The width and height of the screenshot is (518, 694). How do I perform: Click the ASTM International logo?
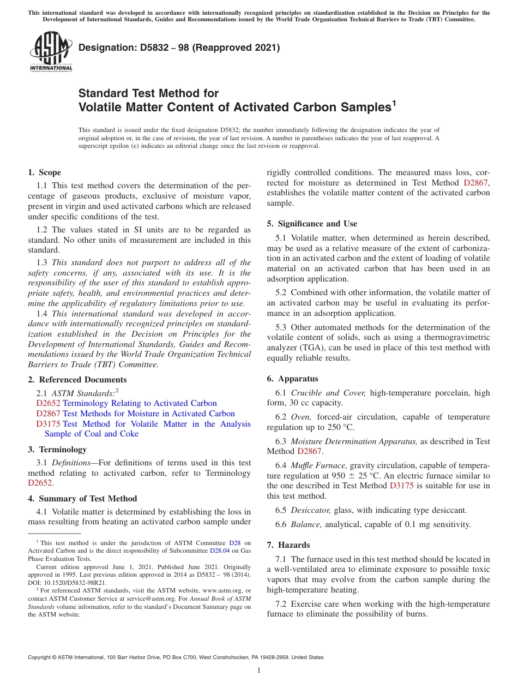(x=51, y=52)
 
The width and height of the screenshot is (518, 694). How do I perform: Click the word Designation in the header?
(x=105, y=48)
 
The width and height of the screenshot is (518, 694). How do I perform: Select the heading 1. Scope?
(x=45, y=172)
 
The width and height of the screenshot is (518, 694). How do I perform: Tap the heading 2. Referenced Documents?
(x=77, y=380)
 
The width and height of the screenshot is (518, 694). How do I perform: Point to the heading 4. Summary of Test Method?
(x=82, y=499)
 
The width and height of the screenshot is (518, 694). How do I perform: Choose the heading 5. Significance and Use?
(x=312, y=224)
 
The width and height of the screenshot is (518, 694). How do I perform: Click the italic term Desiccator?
(x=310, y=510)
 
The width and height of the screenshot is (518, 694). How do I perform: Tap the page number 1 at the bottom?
(x=259, y=671)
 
